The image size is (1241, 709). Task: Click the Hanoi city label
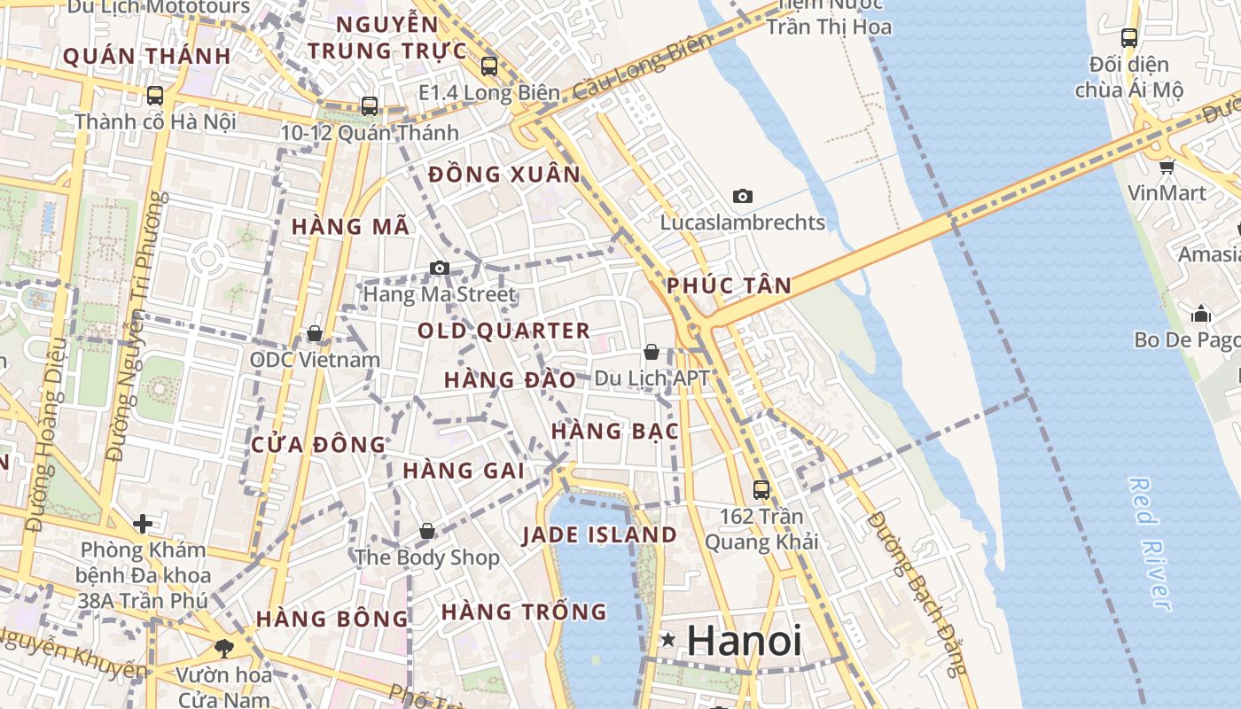[x=744, y=641]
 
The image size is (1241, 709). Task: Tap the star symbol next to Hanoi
[x=667, y=639]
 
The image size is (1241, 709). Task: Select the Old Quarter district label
[x=503, y=331]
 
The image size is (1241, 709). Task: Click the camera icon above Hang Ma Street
[x=439, y=268]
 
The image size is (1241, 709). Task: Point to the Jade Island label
[x=599, y=535]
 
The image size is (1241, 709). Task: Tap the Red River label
[x=1151, y=542]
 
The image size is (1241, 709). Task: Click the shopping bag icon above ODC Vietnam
[x=314, y=334]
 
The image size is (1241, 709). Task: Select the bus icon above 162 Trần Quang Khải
[x=761, y=489]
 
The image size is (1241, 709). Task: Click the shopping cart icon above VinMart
[x=1167, y=166]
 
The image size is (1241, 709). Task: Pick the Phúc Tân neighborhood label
[x=728, y=285]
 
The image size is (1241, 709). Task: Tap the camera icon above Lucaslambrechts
[x=743, y=196]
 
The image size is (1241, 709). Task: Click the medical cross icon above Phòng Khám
[x=143, y=524]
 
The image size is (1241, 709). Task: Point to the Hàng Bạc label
[x=614, y=432]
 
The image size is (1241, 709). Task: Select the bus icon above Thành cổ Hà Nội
[x=155, y=95]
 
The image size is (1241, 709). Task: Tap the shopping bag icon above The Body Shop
[x=427, y=531]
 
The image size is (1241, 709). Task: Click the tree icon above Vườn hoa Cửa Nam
[x=223, y=648]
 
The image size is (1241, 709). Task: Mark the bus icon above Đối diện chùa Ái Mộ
[x=1128, y=38]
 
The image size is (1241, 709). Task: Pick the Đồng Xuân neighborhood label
[x=504, y=175]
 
